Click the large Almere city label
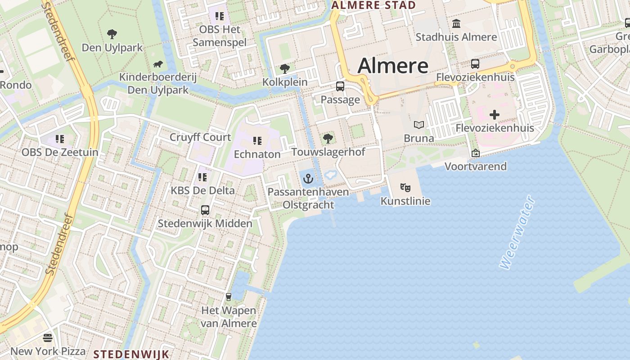point(393,66)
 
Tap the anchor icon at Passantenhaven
point(308,179)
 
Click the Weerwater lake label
point(517,233)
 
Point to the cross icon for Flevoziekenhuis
point(495,115)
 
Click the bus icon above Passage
point(340,86)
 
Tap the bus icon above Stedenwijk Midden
point(205,210)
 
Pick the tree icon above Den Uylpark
point(112,34)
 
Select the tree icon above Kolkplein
point(284,69)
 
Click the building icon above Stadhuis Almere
point(456,23)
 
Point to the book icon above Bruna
point(419,125)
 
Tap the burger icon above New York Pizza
point(48,337)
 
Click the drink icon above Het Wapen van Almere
point(229,297)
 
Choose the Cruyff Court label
point(200,137)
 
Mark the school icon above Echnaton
point(257,141)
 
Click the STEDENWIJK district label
point(131,354)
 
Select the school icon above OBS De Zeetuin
point(60,139)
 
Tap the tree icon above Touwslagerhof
point(328,138)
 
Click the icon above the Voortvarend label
point(475,153)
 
